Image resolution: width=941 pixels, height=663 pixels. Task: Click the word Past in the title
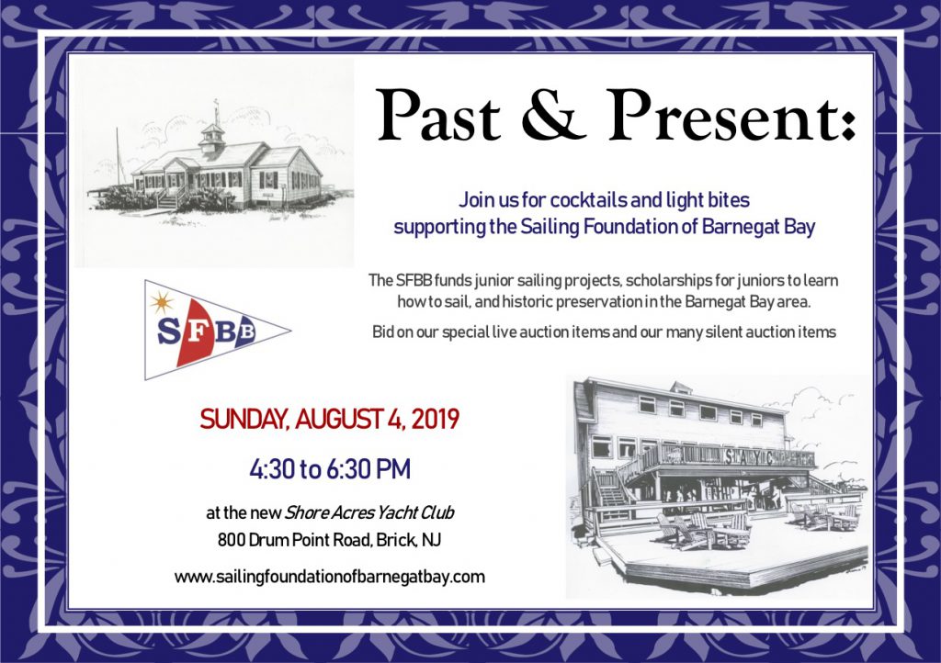[438, 115]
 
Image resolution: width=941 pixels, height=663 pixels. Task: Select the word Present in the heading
[731, 115]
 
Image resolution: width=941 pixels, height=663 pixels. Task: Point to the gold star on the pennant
[162, 302]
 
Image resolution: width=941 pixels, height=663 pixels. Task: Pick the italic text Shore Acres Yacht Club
[369, 512]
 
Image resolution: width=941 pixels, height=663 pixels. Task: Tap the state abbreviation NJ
[431, 540]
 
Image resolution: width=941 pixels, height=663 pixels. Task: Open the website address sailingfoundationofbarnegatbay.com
[330, 577]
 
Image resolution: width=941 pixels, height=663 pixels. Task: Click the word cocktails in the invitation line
[581, 199]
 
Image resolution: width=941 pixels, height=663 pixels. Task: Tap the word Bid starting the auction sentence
[382, 331]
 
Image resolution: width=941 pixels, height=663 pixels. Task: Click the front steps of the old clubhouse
[168, 198]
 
